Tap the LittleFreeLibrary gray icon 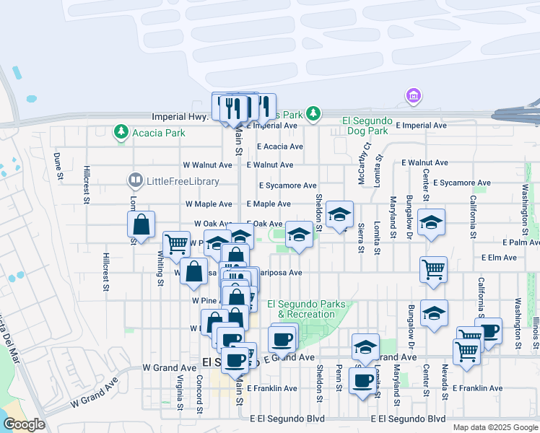[x=134, y=180]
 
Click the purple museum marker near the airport [x=413, y=96]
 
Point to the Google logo [x=24, y=424]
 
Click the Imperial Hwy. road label [x=180, y=116]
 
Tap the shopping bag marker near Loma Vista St [x=141, y=224]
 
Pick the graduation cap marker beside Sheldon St [x=339, y=214]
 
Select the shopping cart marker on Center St [x=433, y=270]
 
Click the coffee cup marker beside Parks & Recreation [x=282, y=338]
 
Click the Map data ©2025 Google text [x=495, y=427]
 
